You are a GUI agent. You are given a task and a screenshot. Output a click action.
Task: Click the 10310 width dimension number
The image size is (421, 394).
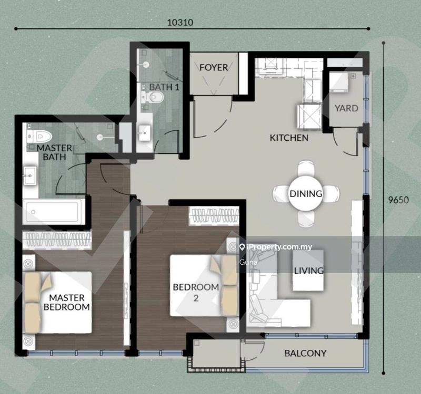pos(180,22)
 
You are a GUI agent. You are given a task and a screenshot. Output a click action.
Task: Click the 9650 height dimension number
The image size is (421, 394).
pos(398,200)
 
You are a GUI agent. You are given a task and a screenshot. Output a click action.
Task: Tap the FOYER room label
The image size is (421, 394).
pos(214,67)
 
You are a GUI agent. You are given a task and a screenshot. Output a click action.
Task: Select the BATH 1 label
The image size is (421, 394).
pos(164,87)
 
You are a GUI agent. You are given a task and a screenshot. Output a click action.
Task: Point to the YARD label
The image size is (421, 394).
pos(346,108)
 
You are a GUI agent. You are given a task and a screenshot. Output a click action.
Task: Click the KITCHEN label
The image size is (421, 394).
pos(289,138)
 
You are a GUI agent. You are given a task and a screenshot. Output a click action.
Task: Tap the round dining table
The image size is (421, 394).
pos(306,193)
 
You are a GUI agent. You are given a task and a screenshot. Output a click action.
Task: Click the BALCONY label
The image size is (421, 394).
pos(306,353)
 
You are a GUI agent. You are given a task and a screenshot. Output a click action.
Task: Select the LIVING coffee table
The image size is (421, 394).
pos(308,270)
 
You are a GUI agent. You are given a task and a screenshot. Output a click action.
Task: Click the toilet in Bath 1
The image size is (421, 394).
pos(152,97)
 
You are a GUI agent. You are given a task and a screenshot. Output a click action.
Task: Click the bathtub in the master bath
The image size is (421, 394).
pos(54,212)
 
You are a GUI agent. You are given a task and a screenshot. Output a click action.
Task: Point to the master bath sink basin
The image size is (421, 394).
pos(30,176)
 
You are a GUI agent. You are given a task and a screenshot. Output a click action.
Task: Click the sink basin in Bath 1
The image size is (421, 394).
pos(145,133)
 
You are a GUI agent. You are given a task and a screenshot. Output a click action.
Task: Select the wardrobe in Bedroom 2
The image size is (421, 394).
pos(214,216)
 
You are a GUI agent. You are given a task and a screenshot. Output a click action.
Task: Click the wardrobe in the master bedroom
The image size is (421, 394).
pos(57,240)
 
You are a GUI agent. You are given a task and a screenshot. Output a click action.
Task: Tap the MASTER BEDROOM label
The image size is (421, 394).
pos(67,303)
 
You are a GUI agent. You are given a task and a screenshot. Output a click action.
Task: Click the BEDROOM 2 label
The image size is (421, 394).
pos(196,292)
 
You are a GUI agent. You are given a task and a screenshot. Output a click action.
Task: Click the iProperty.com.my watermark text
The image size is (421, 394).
pos(276,247)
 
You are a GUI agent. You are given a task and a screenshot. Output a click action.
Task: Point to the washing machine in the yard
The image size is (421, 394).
pos(339,82)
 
